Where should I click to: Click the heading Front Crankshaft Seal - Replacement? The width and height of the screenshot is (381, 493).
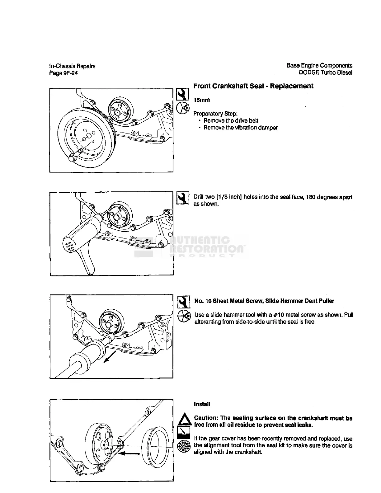click(253, 86)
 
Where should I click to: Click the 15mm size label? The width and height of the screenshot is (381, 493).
click(202, 100)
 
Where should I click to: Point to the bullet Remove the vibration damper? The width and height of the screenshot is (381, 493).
click(241, 128)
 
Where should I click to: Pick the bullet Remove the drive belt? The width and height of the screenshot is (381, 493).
click(231, 120)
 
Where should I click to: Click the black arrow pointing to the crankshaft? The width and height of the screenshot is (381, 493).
click(130, 453)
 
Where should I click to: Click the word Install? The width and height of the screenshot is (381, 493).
click(202, 404)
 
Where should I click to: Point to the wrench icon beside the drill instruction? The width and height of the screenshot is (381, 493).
click(183, 198)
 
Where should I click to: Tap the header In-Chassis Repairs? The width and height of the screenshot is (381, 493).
click(72, 66)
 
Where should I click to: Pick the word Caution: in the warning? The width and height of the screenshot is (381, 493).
click(206, 418)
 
